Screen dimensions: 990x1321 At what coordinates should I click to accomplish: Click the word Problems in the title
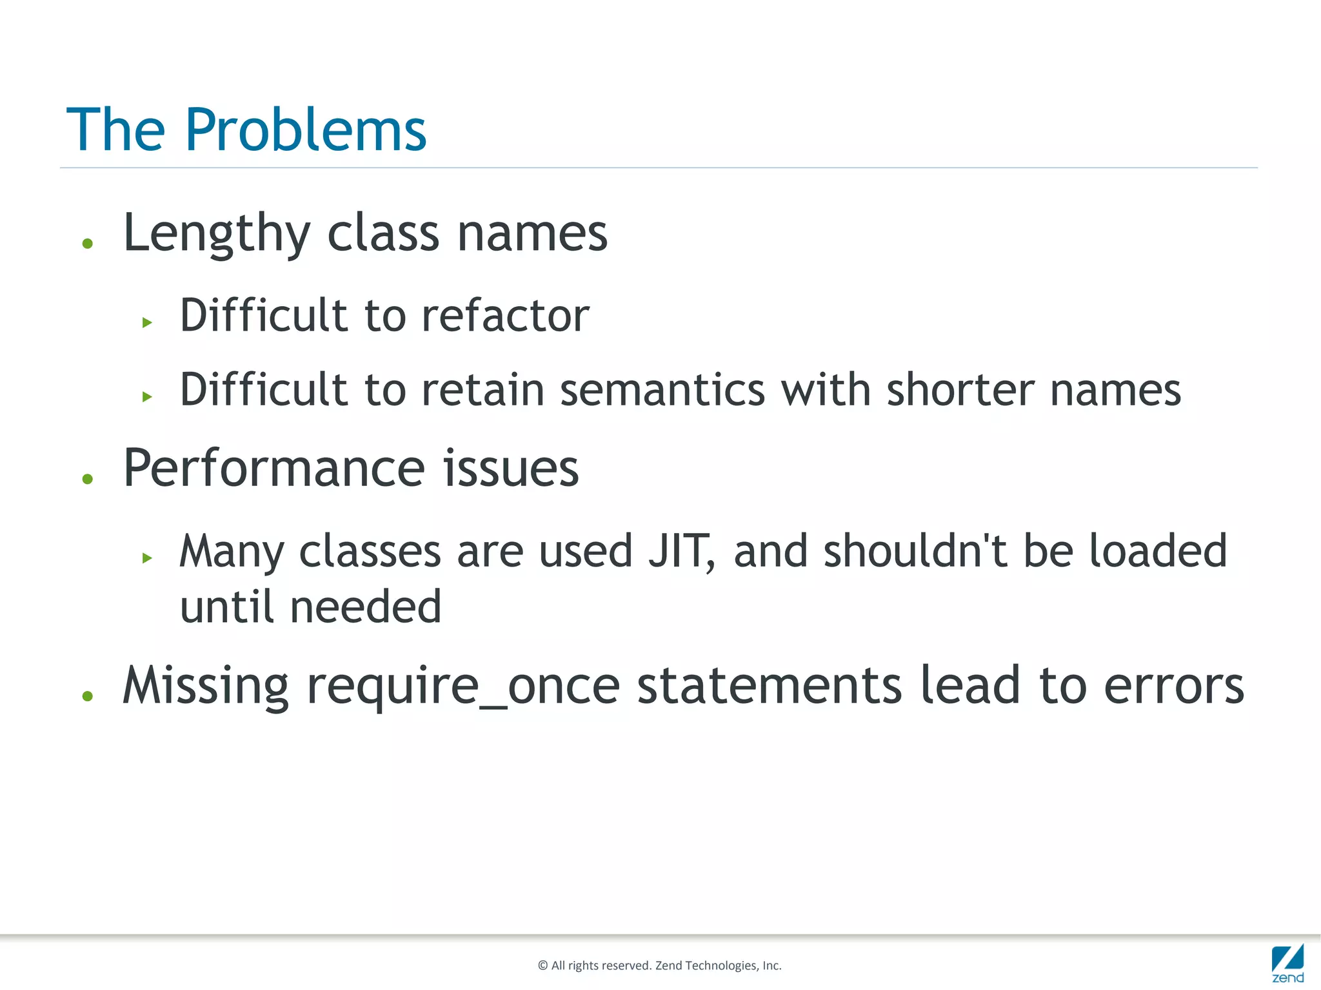[x=306, y=130]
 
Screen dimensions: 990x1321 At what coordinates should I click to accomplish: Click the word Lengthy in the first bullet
[x=217, y=233]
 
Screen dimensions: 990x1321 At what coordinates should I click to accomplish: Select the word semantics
[x=662, y=390]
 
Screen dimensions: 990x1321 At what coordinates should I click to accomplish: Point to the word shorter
[x=960, y=390]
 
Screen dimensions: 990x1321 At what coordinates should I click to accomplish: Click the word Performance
[x=274, y=469]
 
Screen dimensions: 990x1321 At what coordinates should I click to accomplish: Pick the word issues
[x=511, y=469]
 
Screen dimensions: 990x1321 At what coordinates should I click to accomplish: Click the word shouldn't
[x=915, y=552]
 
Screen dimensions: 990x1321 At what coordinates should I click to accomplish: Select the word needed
[x=366, y=607]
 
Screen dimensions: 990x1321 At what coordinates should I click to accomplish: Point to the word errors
[x=1173, y=686]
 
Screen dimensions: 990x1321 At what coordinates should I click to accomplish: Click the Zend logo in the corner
[x=1287, y=963]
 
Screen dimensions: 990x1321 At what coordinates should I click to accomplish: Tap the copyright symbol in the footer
[x=542, y=966]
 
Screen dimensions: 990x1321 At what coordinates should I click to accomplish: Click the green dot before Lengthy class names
[x=88, y=244]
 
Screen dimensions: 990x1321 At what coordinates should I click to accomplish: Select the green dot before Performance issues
[x=88, y=479]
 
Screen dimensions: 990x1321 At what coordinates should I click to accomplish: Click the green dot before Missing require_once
[x=88, y=696]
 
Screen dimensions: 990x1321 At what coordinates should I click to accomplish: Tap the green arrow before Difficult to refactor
[x=147, y=322]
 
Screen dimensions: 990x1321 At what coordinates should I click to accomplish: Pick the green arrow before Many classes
[x=147, y=558]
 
